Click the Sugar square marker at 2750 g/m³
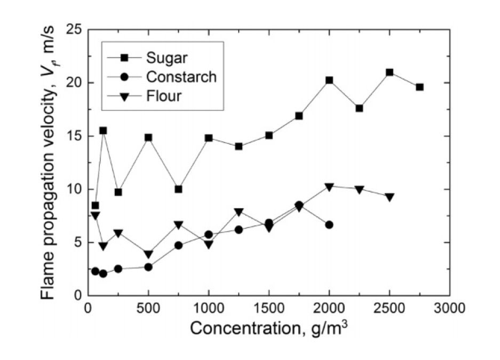point(419,87)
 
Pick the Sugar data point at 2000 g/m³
point(329,80)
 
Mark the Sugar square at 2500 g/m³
point(390,72)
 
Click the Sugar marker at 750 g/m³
point(178,189)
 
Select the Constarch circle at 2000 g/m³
point(329,225)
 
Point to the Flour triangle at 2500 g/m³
point(390,197)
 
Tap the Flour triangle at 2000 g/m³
point(329,187)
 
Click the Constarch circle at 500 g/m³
point(148,267)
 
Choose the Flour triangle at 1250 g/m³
point(239,212)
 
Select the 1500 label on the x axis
point(269,309)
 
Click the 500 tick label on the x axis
point(148,309)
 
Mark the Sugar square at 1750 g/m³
point(299,116)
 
